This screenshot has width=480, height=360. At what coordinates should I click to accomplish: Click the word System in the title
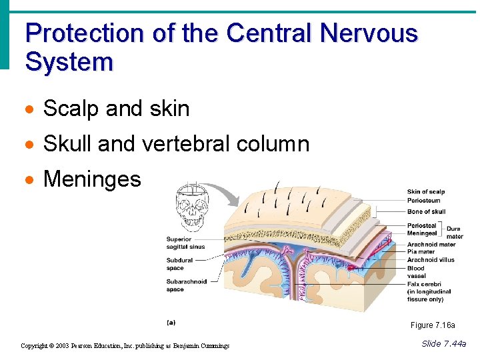point(69,62)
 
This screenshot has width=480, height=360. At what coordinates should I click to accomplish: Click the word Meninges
point(92,179)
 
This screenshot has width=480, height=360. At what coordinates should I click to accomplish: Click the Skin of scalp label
point(425,192)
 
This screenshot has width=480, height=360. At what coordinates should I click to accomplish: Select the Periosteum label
point(423,200)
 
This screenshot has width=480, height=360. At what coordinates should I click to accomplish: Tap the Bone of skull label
point(426,212)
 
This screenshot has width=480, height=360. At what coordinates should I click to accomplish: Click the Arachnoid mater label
point(431,245)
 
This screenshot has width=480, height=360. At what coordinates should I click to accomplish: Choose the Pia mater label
point(421,252)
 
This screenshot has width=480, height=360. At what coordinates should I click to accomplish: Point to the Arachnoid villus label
point(431,260)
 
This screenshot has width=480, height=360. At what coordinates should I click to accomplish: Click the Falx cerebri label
point(425,284)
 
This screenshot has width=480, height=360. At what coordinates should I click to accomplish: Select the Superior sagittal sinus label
point(185,243)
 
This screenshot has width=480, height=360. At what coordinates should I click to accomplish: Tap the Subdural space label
point(179,264)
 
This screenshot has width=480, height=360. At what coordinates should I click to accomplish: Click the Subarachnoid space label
point(186,285)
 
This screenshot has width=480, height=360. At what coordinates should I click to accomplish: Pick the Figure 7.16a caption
point(433,325)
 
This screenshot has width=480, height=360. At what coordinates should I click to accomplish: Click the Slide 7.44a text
point(444,343)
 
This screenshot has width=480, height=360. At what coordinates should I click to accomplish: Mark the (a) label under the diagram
point(171,322)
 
